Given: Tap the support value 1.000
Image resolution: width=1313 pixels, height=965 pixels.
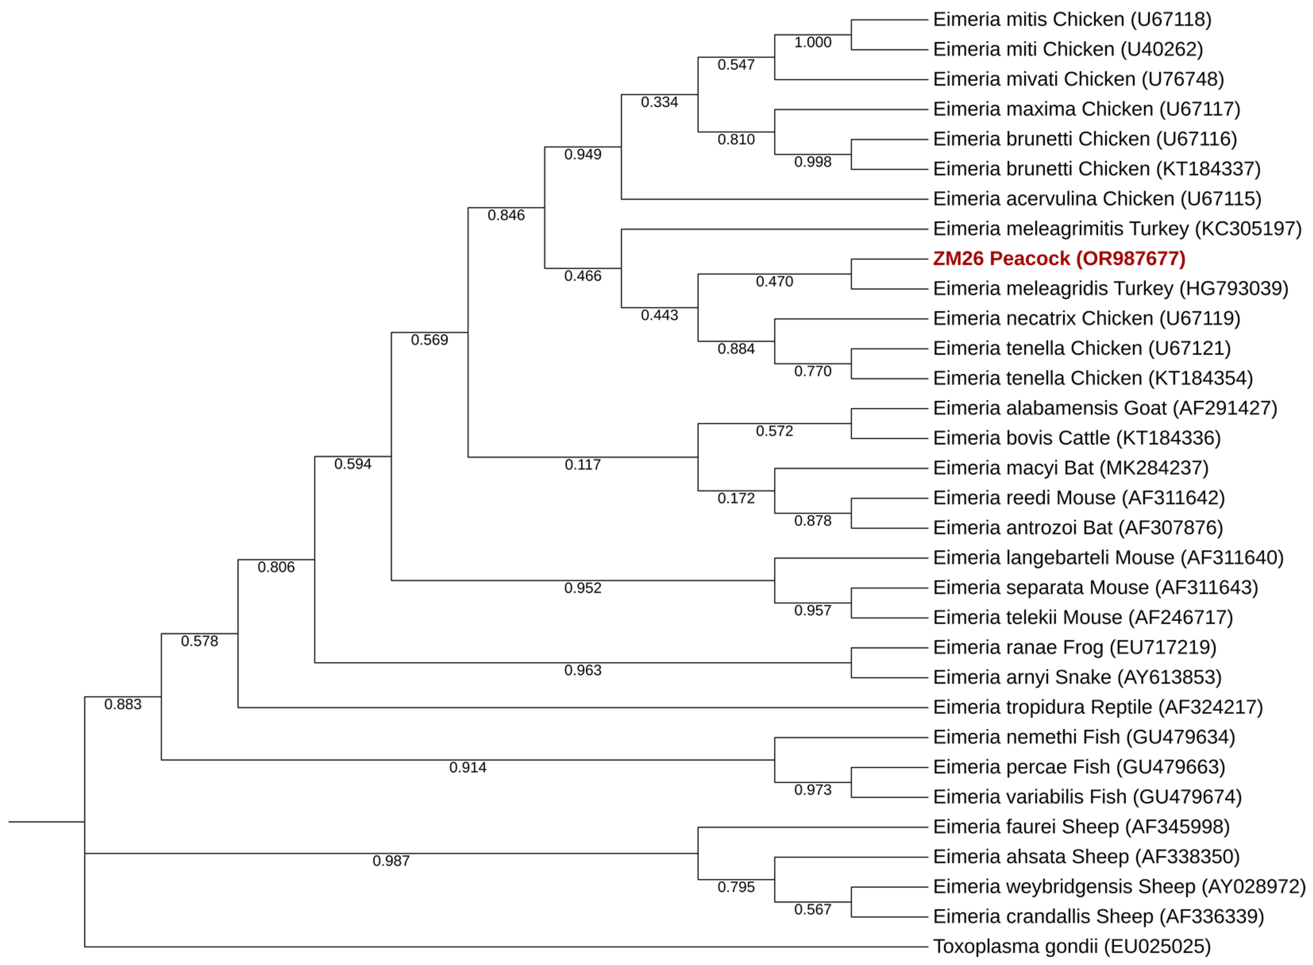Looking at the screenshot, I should (x=812, y=42).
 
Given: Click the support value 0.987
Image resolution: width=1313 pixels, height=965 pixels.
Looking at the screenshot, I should (x=391, y=861).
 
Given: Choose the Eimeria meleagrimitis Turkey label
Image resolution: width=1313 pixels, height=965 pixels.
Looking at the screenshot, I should (x=1117, y=228).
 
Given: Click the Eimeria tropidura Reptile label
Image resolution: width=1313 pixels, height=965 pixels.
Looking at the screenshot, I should (x=1097, y=707).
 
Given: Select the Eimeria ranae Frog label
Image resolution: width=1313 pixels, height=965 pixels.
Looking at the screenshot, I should (x=1074, y=647).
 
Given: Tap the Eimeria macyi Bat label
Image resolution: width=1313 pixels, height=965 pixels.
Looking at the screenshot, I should (x=1070, y=468).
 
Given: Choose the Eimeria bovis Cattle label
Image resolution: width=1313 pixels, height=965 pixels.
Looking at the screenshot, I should (x=1076, y=438).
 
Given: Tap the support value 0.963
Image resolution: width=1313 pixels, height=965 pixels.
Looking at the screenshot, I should (x=582, y=670).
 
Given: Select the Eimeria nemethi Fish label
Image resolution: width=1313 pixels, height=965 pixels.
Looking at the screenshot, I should (x=1084, y=737).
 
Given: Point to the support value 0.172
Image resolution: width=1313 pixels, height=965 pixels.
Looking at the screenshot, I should (x=736, y=498).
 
